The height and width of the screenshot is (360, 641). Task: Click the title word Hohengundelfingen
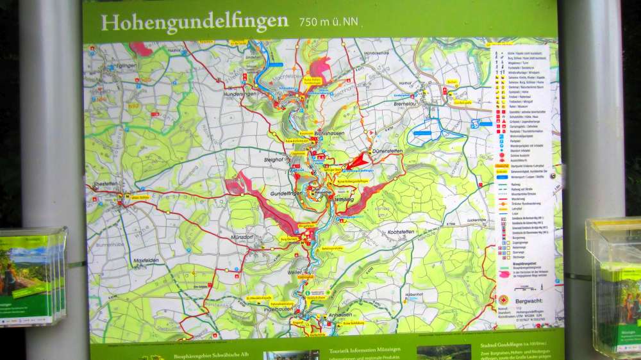(x=194, y=22)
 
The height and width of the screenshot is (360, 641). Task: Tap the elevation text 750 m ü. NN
(x=328, y=22)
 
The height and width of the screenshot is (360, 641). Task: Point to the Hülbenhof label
(x=415, y=294)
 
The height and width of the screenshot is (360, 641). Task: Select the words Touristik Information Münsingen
(x=365, y=350)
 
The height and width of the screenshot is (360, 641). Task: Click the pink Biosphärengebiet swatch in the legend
(x=504, y=273)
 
